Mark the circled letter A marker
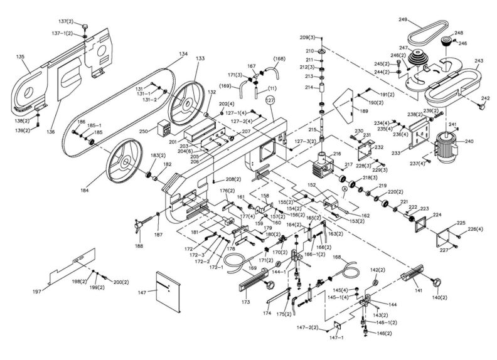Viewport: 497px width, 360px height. pyautogui.click(x=344, y=189)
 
